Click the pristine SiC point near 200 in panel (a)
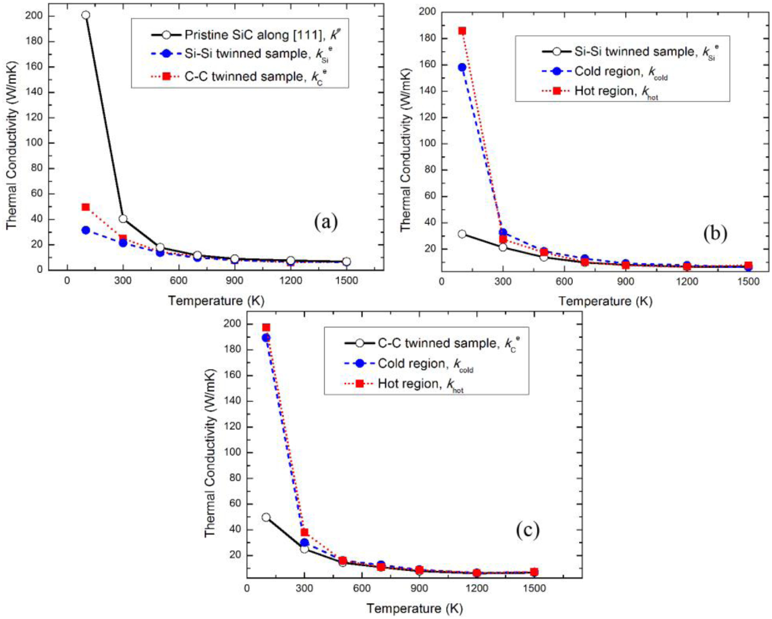(86, 15)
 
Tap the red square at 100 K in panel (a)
(86, 207)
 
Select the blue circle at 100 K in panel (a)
(86, 230)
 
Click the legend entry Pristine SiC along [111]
(253, 35)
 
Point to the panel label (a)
(326, 222)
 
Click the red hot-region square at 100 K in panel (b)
(462, 31)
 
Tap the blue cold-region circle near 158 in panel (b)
(462, 67)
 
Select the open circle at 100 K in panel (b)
(462, 234)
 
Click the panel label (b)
(715, 233)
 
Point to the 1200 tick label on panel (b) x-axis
(687, 282)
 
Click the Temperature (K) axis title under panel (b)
(605, 301)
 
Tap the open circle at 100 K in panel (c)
(266, 517)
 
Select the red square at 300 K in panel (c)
(304, 532)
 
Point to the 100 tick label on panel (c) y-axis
(232, 452)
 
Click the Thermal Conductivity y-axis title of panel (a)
(11, 145)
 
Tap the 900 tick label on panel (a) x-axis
(234, 281)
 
